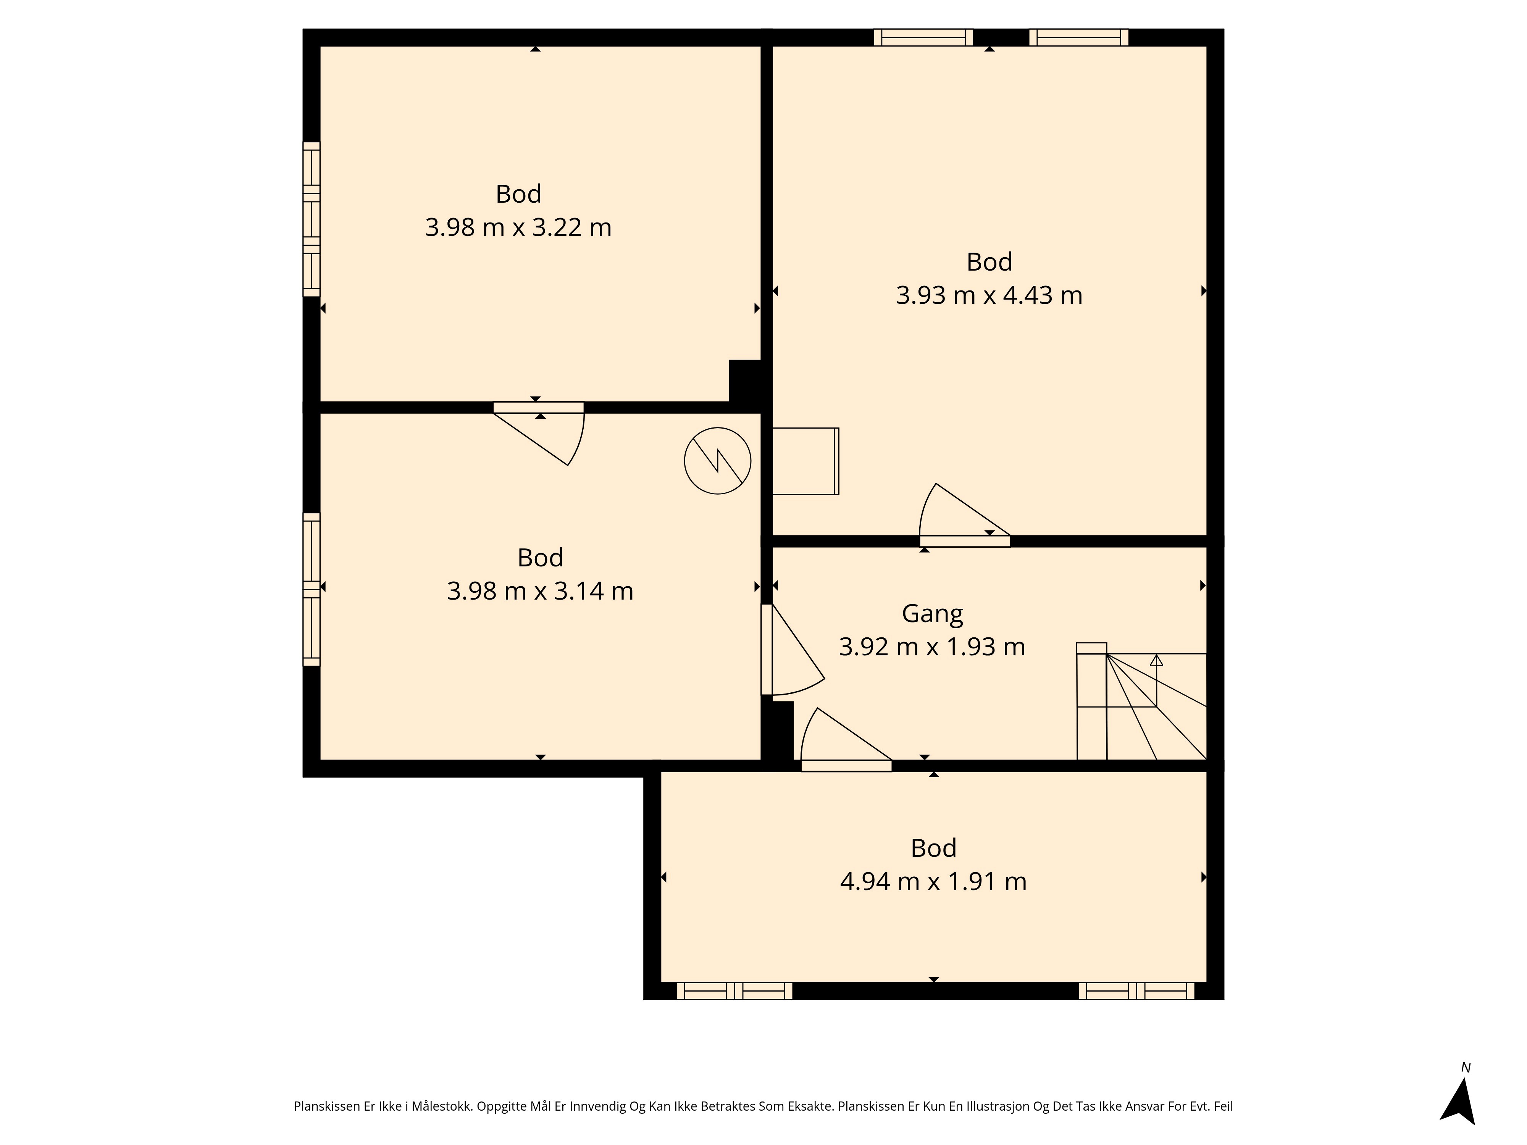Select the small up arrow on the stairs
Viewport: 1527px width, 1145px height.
[1156, 660]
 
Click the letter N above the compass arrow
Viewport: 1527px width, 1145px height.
[1466, 1068]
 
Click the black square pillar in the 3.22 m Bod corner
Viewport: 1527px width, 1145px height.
[746, 381]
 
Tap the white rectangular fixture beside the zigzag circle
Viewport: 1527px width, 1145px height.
[805, 461]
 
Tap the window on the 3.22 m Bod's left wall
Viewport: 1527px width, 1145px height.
[312, 219]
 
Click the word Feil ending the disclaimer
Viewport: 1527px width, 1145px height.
[1223, 1106]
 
